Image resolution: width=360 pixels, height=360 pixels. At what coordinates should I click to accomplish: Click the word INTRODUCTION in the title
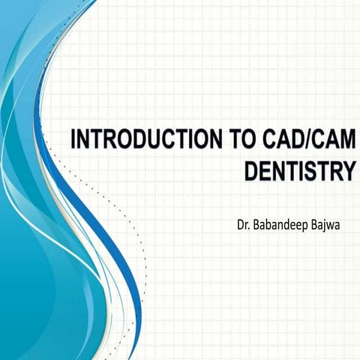click(131, 140)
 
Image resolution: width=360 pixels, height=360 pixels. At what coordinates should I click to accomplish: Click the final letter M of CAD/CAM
click(344, 140)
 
